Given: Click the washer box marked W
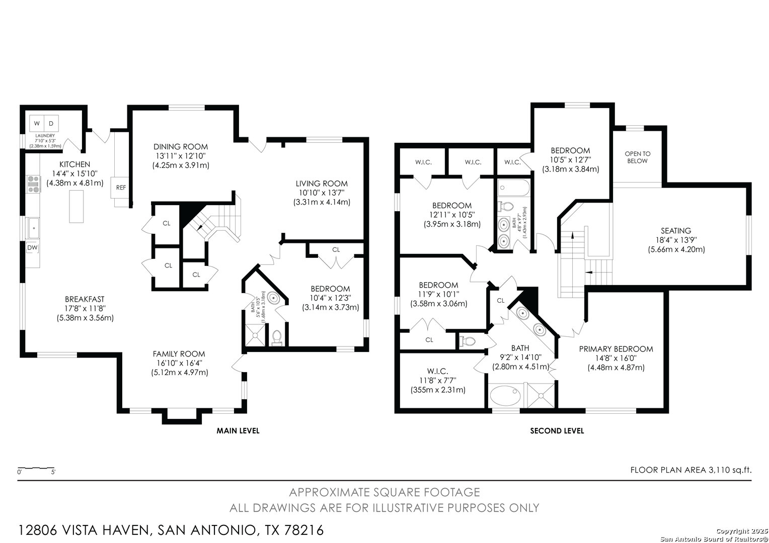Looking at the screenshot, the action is (37, 124).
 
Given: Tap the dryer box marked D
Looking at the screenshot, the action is (51, 124).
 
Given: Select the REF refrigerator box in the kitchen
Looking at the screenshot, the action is (120, 188).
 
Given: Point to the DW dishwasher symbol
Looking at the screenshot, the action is (32, 248).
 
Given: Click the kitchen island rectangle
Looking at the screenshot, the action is (76, 207).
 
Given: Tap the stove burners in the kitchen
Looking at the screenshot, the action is (33, 184).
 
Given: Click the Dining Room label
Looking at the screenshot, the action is (181, 147).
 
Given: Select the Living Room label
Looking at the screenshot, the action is (322, 184).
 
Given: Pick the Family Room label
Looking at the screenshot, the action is (179, 353).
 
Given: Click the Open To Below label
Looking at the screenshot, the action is (638, 157).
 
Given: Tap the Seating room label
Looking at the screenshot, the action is (676, 231).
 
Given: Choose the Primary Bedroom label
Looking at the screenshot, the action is (616, 349).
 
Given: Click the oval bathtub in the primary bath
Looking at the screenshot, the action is (505, 396).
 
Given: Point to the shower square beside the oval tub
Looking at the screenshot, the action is (541, 396).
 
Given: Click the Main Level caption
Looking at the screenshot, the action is (238, 430).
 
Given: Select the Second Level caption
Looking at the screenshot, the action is (557, 430).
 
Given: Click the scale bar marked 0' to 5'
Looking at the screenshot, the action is (36, 469).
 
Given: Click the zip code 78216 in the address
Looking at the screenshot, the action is (304, 530).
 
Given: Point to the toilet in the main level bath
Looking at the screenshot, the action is (276, 337).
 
